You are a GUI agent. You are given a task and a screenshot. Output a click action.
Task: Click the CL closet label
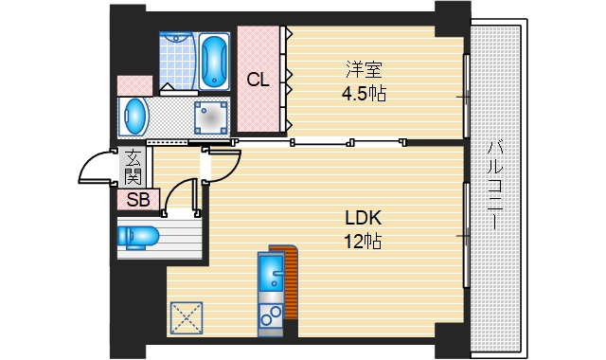point(258,80)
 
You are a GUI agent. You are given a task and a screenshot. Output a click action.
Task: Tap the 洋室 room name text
point(364,69)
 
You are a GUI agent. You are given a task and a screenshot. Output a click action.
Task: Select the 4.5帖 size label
point(364,94)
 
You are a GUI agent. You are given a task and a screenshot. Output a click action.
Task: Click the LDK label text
point(364,218)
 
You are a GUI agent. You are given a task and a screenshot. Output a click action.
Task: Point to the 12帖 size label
point(364,242)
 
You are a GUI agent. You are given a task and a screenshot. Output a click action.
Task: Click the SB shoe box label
point(138,200)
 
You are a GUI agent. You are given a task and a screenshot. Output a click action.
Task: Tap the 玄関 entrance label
point(133,167)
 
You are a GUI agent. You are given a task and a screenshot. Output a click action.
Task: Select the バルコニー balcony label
point(495,186)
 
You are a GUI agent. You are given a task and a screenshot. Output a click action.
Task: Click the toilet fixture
point(138,236)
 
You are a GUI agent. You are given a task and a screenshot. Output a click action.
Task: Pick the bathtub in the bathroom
point(214,62)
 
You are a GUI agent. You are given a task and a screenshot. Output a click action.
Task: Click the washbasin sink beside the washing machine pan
point(134,117)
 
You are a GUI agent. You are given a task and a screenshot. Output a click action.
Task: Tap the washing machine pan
point(210,117)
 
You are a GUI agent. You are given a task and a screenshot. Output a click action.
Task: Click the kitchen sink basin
point(272,272)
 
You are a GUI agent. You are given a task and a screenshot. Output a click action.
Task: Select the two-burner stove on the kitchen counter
point(272,315)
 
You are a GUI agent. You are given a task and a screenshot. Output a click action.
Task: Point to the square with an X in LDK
point(187,318)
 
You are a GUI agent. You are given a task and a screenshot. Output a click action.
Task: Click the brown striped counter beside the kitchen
point(290,282)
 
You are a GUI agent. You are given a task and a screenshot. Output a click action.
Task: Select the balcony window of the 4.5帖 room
point(467,97)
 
